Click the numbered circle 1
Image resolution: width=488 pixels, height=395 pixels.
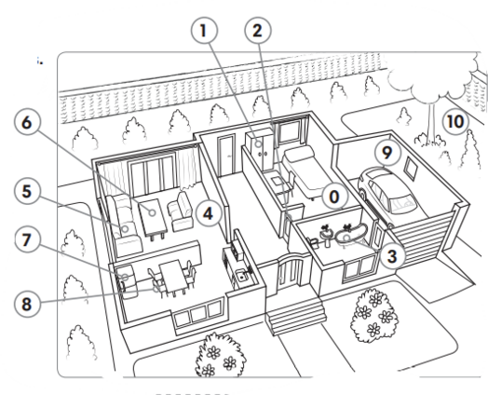[x=204, y=31]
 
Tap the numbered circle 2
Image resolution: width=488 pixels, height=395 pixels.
[x=258, y=31]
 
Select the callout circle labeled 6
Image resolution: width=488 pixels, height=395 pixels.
[x=27, y=122]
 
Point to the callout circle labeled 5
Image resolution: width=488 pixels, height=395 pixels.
[x=27, y=191]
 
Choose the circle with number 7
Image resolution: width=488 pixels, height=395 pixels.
[x=27, y=239]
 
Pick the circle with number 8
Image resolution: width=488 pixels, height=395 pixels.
[x=27, y=304]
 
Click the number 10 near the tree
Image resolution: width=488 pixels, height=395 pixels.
[x=455, y=121]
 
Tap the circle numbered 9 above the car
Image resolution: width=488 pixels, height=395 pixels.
[x=386, y=153]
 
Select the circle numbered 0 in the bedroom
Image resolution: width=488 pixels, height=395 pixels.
[x=334, y=197]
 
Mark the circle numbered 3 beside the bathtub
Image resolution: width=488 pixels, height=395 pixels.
[x=392, y=256]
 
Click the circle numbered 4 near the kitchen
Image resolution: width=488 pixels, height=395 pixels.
[x=210, y=213]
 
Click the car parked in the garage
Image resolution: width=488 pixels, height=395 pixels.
[x=386, y=195]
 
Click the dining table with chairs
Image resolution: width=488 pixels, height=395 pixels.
[x=172, y=277]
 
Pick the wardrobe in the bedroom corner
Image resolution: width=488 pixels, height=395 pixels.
[x=259, y=149]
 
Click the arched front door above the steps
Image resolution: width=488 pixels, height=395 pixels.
[x=290, y=271]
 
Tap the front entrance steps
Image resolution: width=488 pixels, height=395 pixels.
[x=295, y=315]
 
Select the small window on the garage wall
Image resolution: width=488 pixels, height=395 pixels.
[x=411, y=169]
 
